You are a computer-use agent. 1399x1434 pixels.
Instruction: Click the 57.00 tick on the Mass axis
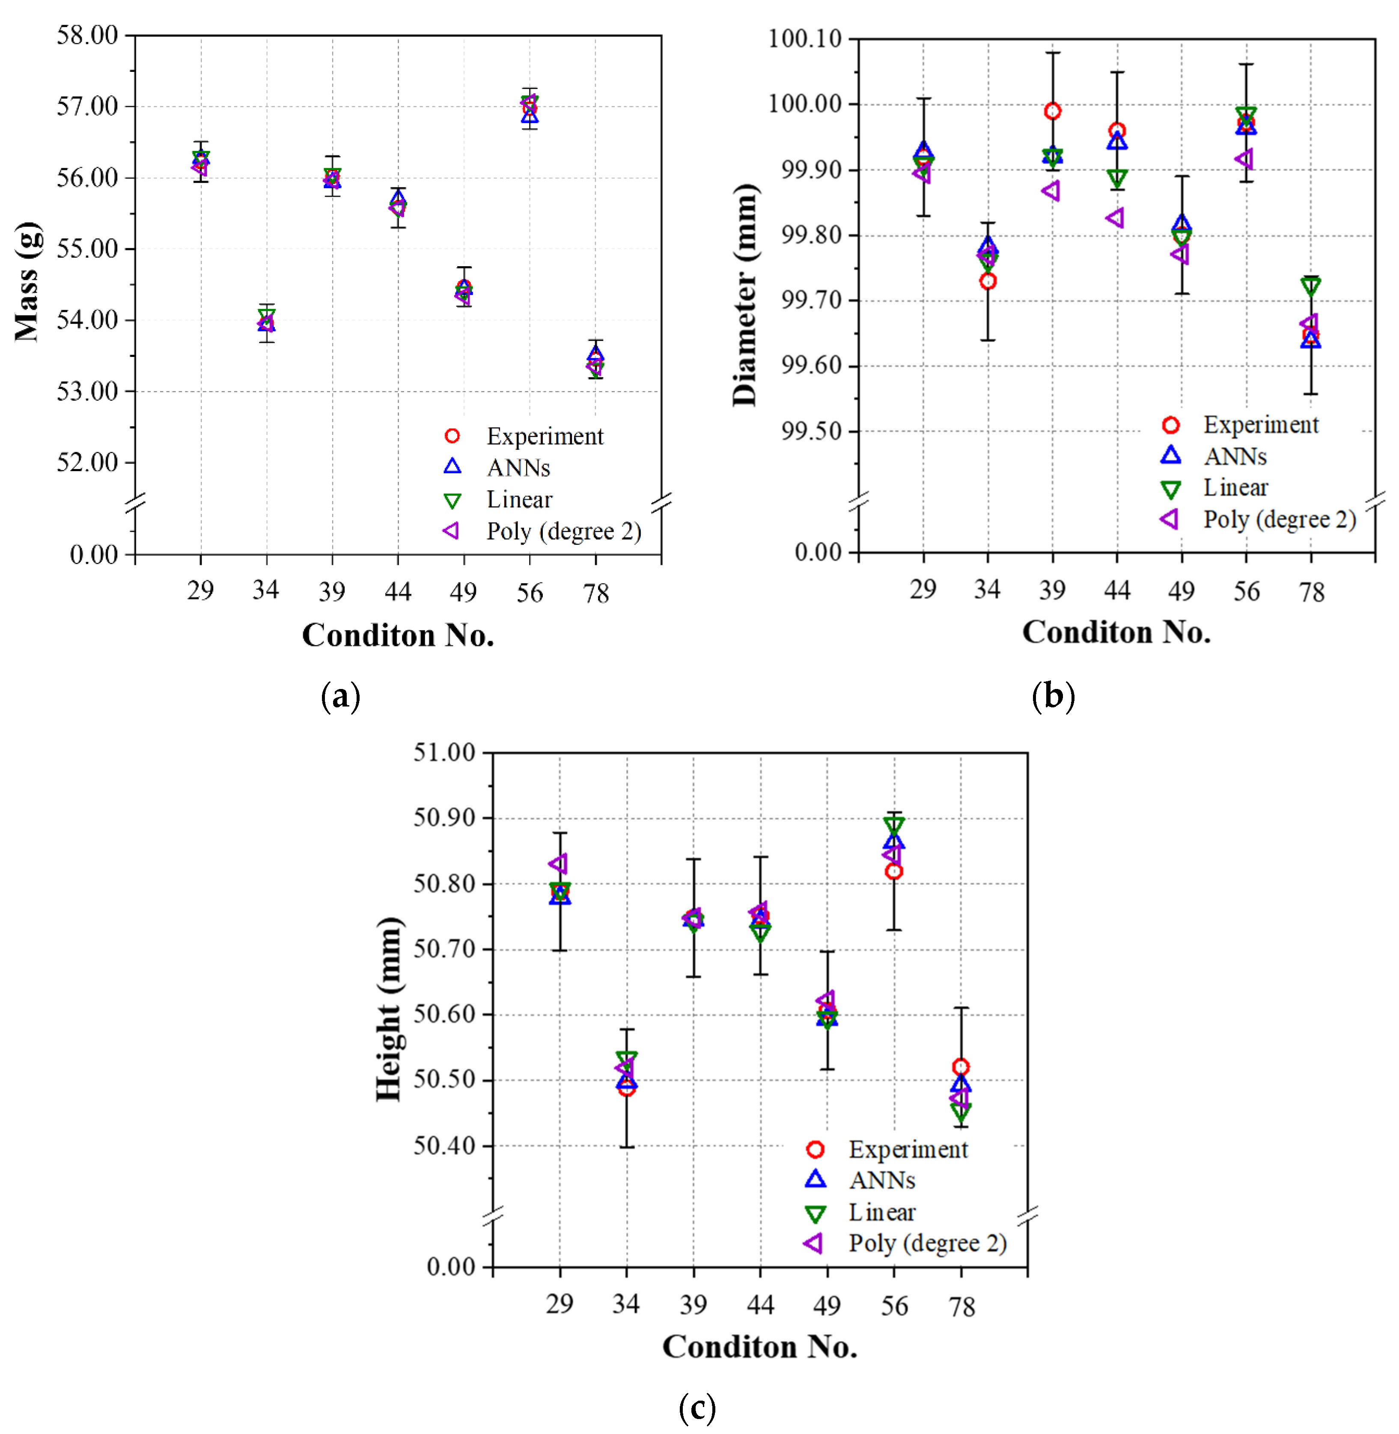[87, 107]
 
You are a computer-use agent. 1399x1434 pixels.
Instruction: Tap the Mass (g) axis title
[27, 281]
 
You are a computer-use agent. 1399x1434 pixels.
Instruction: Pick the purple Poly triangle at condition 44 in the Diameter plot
[1115, 218]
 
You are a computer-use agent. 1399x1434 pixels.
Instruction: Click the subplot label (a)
[340, 695]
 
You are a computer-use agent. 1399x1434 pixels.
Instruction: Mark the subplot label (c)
[697, 1407]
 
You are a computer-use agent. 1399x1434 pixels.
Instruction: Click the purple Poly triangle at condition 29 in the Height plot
[558, 864]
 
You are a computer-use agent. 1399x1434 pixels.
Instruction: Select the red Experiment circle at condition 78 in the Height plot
[960, 1067]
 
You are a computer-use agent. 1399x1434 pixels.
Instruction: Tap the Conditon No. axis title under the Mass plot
[398, 635]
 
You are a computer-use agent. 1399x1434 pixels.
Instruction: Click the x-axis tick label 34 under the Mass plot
[265, 590]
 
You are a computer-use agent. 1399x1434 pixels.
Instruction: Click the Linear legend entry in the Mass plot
[519, 499]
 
